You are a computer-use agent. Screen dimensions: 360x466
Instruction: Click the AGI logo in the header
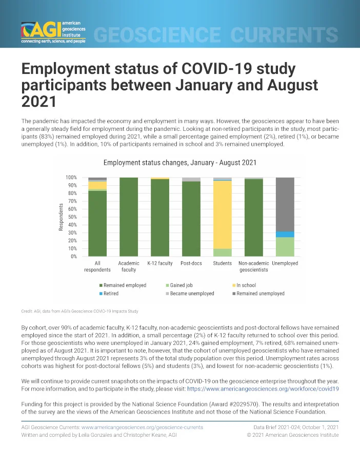[x=53, y=32]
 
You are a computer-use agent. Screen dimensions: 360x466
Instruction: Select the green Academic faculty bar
[x=129, y=217]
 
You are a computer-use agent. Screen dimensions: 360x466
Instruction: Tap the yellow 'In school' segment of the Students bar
[x=223, y=215]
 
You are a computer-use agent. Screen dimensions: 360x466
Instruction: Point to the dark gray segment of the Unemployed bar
[x=285, y=204]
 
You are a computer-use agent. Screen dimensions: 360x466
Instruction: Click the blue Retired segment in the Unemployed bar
[x=285, y=235]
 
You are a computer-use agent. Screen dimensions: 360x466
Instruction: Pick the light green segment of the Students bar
[x=223, y=253]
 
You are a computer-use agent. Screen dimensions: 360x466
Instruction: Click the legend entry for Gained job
[x=179, y=285]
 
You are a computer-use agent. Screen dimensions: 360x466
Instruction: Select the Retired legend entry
[x=109, y=294]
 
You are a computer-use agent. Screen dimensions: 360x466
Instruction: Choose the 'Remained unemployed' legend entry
[x=258, y=294]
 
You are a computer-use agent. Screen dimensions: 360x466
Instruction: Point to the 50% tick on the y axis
[x=72, y=217]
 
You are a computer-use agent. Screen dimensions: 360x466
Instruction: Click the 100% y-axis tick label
[x=71, y=178]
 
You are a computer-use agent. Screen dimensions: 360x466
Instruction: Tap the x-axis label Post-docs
[x=191, y=263]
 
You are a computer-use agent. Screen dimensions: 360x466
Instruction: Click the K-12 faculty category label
[x=160, y=263]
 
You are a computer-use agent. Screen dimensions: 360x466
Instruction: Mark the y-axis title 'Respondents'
[x=61, y=217]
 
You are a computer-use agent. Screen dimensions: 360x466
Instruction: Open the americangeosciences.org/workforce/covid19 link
[x=263, y=389]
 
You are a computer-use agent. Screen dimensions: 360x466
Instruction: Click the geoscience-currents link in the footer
[x=142, y=428]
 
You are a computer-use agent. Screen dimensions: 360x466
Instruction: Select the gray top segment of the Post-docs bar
[x=191, y=180]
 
